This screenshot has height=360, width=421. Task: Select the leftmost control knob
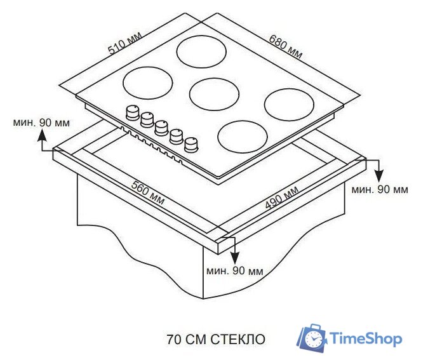(x=133, y=112)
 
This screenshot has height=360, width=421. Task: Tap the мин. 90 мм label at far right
(x=380, y=189)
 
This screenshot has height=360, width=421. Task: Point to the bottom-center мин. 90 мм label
(x=234, y=271)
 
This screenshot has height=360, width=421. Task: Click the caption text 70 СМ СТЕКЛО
(x=215, y=339)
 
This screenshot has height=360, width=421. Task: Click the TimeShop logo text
(x=367, y=338)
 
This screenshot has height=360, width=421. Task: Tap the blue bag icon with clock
(x=313, y=338)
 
